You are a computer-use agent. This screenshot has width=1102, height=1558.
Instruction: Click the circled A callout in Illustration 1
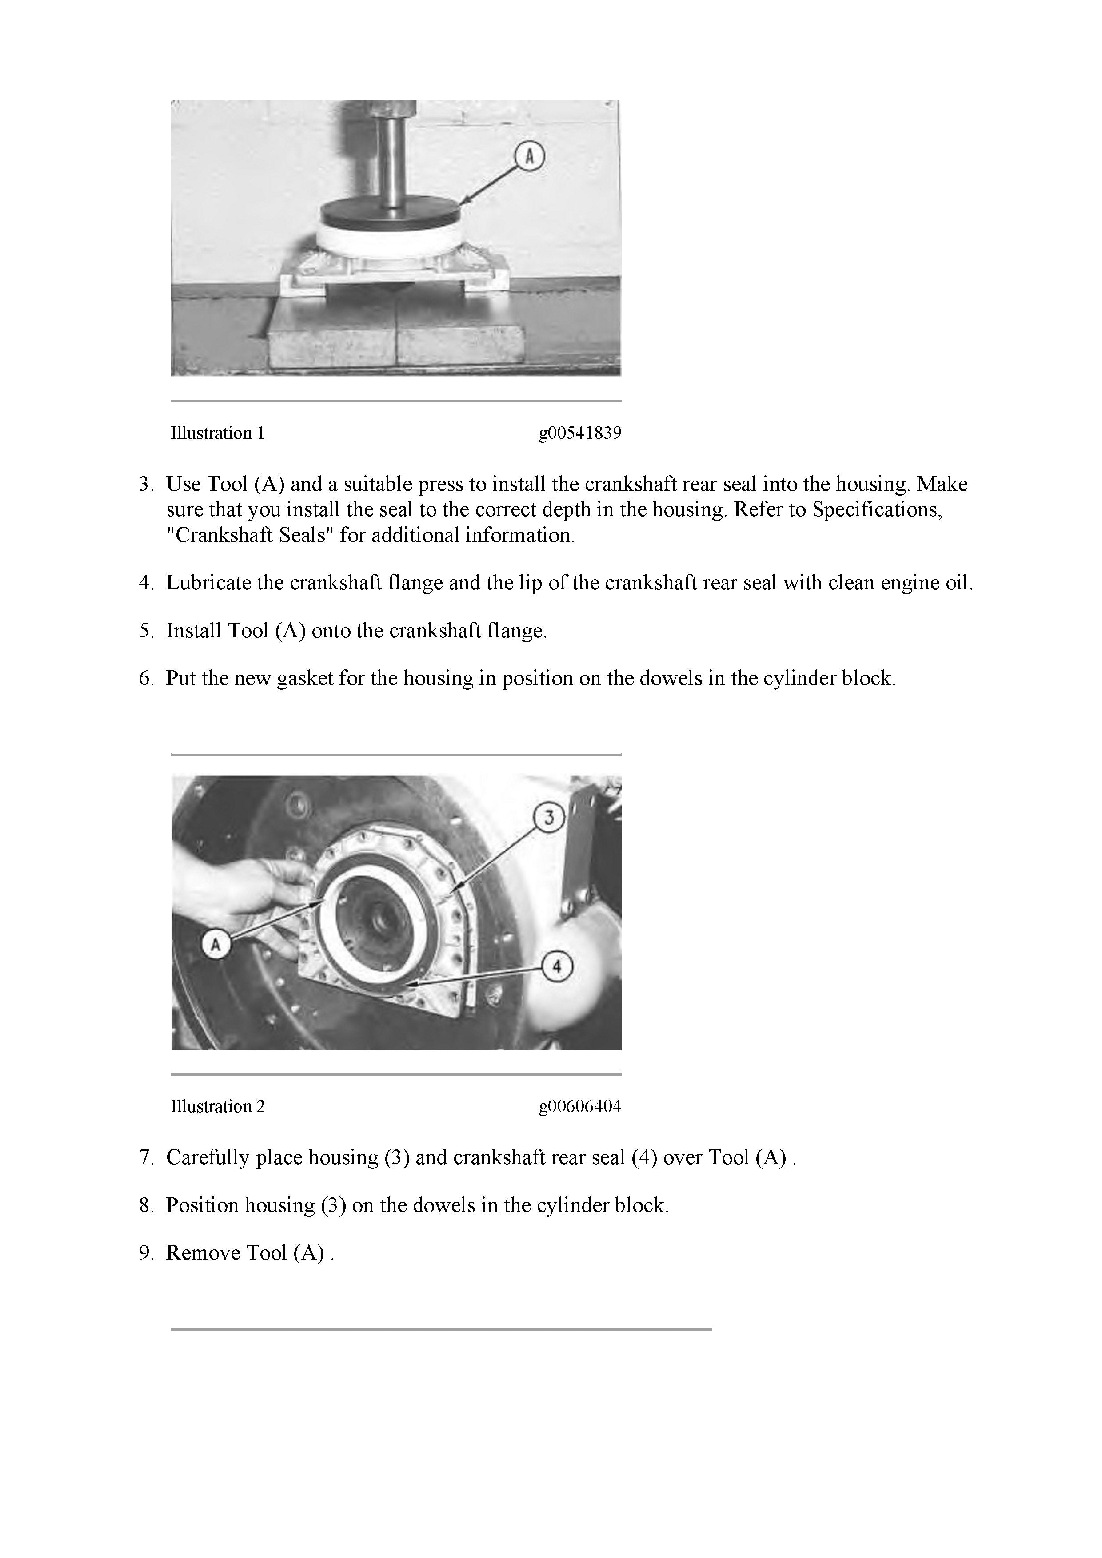530,157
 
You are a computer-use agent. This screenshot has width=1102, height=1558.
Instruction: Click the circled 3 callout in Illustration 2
549,818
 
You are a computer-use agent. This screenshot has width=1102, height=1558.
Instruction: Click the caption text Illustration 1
217,433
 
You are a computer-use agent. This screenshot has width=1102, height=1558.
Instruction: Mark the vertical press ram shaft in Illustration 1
392,156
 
